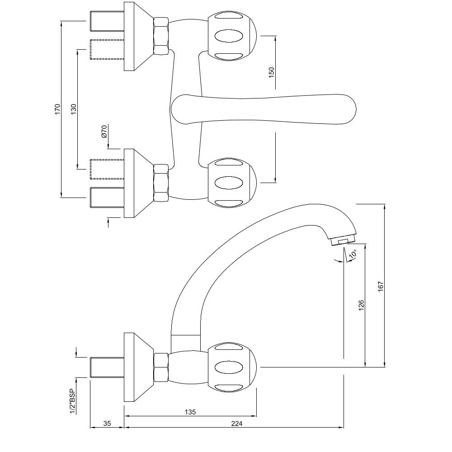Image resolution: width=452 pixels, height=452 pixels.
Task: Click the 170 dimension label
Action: click(x=57, y=109)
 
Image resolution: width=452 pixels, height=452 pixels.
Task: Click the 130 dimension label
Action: click(x=74, y=109)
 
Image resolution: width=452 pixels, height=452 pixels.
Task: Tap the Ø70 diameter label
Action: click(x=104, y=132)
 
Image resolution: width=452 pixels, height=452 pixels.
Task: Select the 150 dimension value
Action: click(x=271, y=72)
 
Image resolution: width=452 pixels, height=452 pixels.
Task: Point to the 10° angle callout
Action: click(x=353, y=254)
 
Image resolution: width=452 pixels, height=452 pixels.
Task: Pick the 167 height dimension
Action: click(x=380, y=286)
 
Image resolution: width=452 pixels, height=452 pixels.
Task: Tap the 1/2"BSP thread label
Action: click(x=72, y=401)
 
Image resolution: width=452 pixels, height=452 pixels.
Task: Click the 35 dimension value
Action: click(x=107, y=424)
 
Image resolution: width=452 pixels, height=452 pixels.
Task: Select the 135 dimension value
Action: click(x=190, y=412)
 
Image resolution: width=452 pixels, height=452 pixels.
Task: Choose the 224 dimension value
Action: click(x=237, y=424)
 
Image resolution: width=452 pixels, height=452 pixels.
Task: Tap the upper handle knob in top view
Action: click(x=232, y=37)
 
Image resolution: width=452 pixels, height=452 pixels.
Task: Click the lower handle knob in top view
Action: click(x=232, y=183)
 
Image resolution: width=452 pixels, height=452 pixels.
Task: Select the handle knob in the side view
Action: click(x=232, y=367)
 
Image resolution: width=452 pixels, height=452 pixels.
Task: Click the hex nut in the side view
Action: click(x=161, y=367)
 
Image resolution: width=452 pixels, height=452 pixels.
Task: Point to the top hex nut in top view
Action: click(x=161, y=37)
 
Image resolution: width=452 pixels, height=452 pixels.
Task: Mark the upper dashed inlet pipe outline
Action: click(x=107, y=50)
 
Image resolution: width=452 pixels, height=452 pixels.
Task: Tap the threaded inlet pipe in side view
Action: click(x=107, y=367)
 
